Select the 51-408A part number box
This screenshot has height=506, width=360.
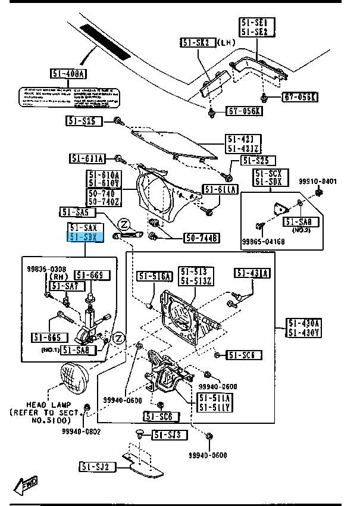68,74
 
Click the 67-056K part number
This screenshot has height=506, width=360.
300,97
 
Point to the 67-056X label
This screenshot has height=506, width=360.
244,111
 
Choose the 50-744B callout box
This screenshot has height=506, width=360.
201,238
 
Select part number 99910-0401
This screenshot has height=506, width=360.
318,182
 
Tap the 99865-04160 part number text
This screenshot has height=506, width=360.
263,242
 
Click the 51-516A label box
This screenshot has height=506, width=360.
155,276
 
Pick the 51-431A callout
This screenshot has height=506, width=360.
252,273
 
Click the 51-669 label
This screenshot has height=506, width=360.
92,275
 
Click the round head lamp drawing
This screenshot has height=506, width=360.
73,377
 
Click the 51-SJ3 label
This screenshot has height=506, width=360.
169,435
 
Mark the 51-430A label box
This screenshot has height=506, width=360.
304,328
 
